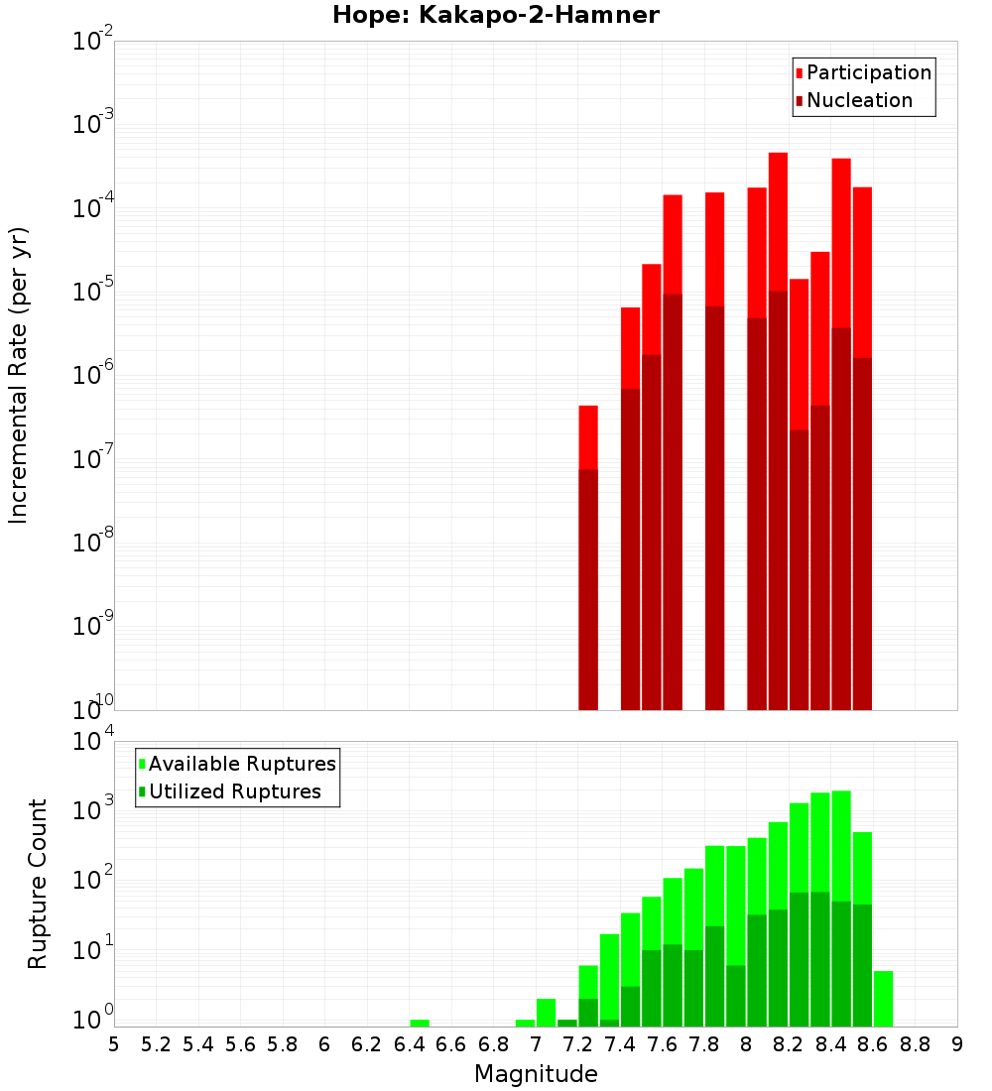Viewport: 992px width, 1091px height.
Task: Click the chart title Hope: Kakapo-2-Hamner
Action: (x=495, y=15)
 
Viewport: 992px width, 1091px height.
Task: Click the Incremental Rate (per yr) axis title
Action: (x=19, y=375)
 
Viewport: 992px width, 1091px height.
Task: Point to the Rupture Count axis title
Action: (x=38, y=883)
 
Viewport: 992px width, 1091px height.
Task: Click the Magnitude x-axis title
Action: (x=536, y=1073)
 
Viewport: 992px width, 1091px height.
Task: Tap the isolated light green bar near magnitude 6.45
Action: (x=420, y=1023)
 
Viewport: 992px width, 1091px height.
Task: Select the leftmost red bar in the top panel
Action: (x=588, y=436)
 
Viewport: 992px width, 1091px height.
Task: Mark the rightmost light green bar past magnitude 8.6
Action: (x=883, y=999)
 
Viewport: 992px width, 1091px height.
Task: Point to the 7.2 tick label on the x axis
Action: (x=577, y=1044)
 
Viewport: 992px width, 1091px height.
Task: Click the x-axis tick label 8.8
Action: (x=915, y=1044)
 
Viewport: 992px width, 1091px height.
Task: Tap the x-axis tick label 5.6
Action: (x=240, y=1044)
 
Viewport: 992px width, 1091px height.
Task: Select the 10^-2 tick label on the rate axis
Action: (x=92, y=42)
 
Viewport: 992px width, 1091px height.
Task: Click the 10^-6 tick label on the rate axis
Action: (x=92, y=375)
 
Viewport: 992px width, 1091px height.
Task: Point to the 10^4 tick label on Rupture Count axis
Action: (x=92, y=741)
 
